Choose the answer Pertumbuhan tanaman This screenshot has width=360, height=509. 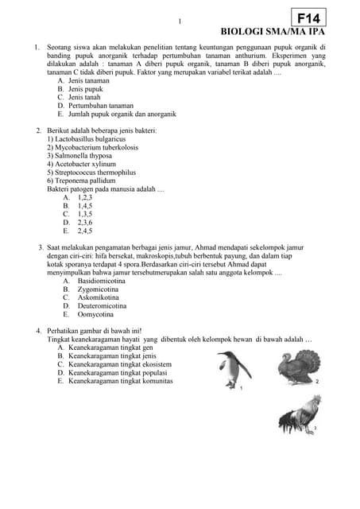pyautogui.click(x=100, y=105)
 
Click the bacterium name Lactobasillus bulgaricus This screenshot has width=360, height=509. pyautogui.click(x=88, y=138)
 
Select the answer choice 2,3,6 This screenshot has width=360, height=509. pyautogui.click(x=84, y=223)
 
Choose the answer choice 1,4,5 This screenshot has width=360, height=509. pyautogui.click(x=84, y=205)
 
